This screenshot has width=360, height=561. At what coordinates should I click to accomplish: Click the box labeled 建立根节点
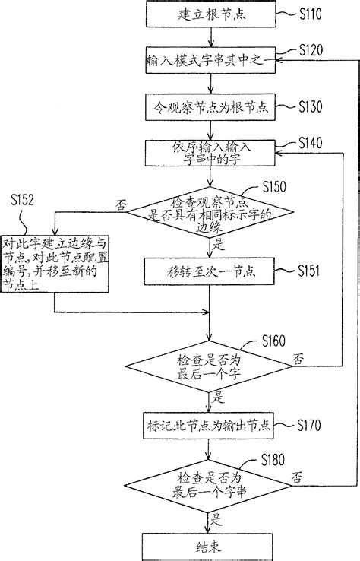coord(208,14)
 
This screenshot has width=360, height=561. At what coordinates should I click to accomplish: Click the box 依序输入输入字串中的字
coord(208,154)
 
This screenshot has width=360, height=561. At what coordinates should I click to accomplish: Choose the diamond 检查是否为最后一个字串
coord(208,483)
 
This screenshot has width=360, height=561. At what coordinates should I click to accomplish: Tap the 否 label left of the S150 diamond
coord(118,205)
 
